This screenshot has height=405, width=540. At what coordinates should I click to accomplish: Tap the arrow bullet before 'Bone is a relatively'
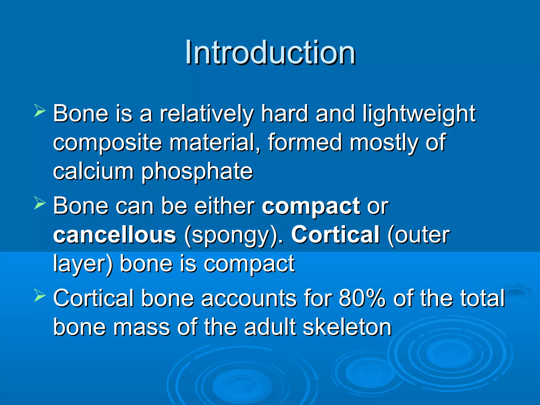(40, 110)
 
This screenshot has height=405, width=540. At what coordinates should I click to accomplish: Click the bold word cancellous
(115, 235)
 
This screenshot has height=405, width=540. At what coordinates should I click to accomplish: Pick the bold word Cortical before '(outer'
(335, 235)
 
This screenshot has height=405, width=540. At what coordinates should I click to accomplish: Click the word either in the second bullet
(224, 206)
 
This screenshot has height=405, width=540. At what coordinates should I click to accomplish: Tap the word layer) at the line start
(83, 264)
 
